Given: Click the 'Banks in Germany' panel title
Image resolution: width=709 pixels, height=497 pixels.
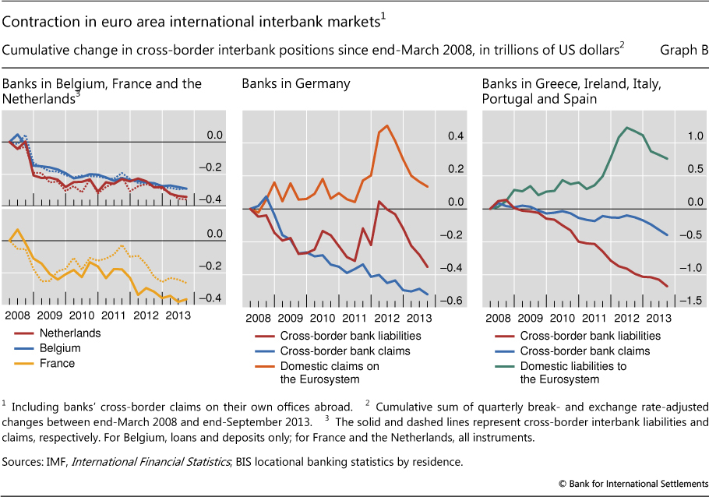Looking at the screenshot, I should [x=295, y=83].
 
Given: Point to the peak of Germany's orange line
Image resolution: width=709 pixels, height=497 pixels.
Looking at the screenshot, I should [x=386, y=125].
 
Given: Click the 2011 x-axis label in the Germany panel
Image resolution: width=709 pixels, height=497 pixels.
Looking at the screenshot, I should [x=352, y=318].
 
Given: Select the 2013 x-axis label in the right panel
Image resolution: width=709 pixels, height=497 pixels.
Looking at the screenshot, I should [x=658, y=318].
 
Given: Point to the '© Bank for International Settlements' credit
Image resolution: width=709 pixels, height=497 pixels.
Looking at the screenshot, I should [x=633, y=484].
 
